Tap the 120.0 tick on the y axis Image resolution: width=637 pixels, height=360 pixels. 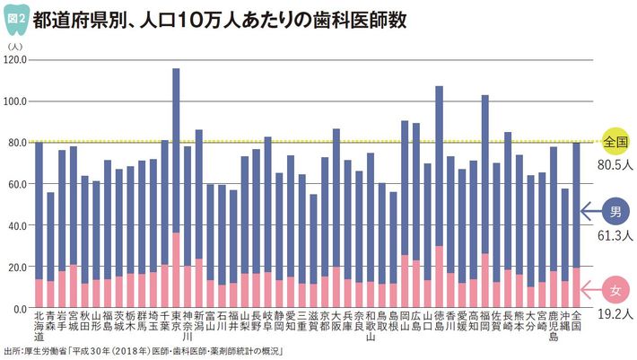(16, 59)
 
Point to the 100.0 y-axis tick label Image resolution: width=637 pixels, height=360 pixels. (16, 101)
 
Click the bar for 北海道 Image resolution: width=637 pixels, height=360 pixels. (39, 224)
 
